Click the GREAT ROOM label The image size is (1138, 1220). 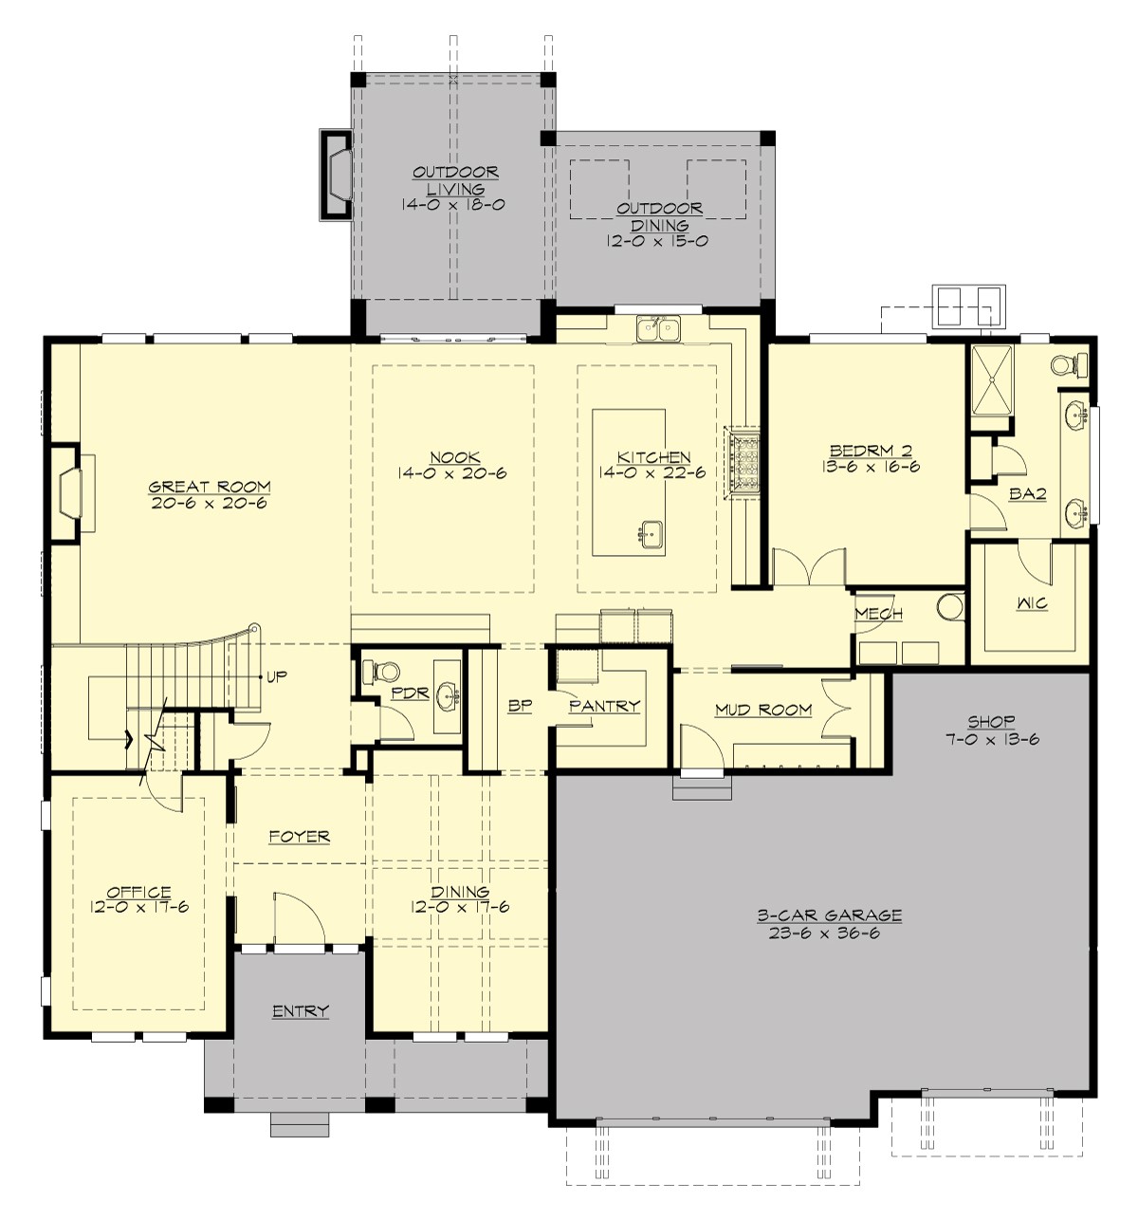pos(209,487)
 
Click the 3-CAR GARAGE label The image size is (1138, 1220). pos(829,915)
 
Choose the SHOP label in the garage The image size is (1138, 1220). pos(992,722)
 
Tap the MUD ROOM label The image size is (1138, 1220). pos(762,709)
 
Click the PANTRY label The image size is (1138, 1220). pos(604,706)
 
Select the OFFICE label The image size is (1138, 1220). pos(138,892)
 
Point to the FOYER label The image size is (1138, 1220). pos(299,836)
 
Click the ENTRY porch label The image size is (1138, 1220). pos(300,1011)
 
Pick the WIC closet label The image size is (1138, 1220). pos(1032,603)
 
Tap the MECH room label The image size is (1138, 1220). pos(878,614)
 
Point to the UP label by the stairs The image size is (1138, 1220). pos(277,676)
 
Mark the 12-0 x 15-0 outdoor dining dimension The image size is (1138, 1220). pos(658,241)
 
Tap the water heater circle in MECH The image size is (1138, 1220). pos(948,606)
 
